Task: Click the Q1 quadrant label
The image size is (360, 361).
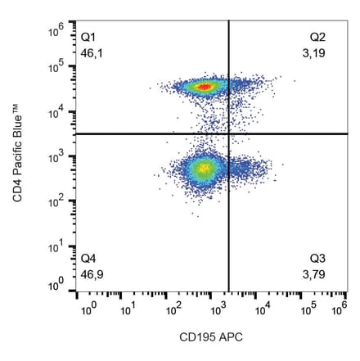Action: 88,38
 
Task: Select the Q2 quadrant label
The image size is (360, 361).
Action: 317,38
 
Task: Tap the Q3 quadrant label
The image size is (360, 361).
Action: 317,259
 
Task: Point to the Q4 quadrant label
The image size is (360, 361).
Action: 88,259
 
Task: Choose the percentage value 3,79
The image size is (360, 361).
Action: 314,273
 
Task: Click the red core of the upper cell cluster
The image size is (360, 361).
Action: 205,86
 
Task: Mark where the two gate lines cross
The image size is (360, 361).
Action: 228,133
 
